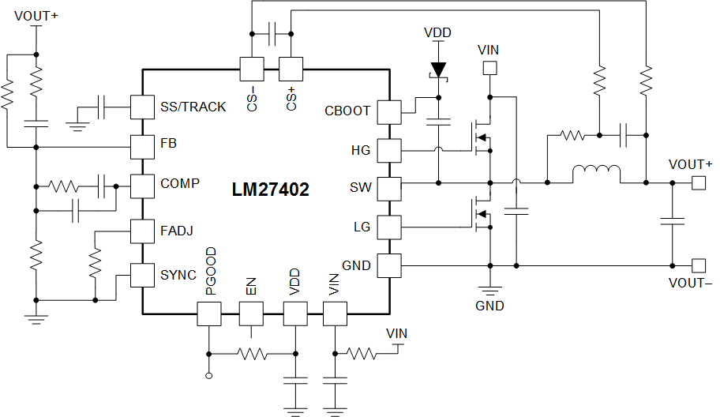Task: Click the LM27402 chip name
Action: click(x=270, y=190)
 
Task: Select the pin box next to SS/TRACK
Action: click(x=141, y=107)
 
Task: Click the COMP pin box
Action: click(x=141, y=186)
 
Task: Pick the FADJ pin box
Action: click(x=141, y=231)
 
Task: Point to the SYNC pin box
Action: click(x=141, y=275)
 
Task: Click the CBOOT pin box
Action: click(x=389, y=112)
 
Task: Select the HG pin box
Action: click(x=389, y=149)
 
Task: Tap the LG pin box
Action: click(x=389, y=227)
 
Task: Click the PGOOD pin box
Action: click(x=209, y=314)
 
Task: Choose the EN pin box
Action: click(x=252, y=314)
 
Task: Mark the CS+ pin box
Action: click(x=291, y=69)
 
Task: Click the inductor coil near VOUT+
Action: click(x=596, y=174)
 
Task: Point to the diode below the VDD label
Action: click(x=437, y=70)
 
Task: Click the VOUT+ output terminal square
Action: click(x=698, y=183)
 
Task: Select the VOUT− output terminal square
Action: click(x=698, y=265)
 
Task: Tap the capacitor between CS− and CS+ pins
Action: click(x=272, y=34)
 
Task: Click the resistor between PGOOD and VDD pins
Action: click(x=252, y=353)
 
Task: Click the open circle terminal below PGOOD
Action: click(x=209, y=376)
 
